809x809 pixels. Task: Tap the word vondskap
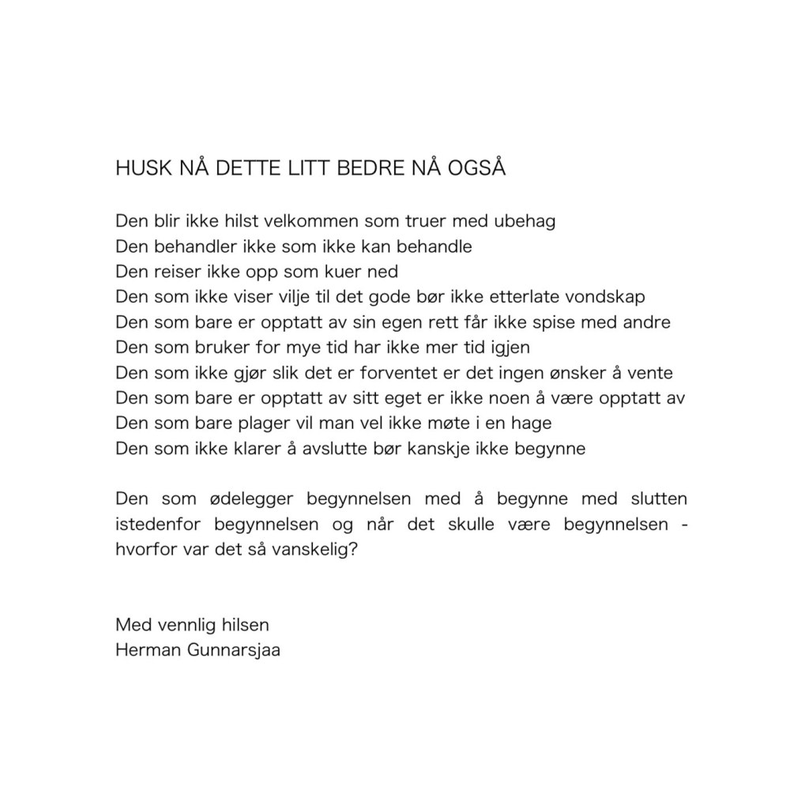pos(604,297)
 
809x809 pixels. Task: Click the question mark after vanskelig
pos(353,550)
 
